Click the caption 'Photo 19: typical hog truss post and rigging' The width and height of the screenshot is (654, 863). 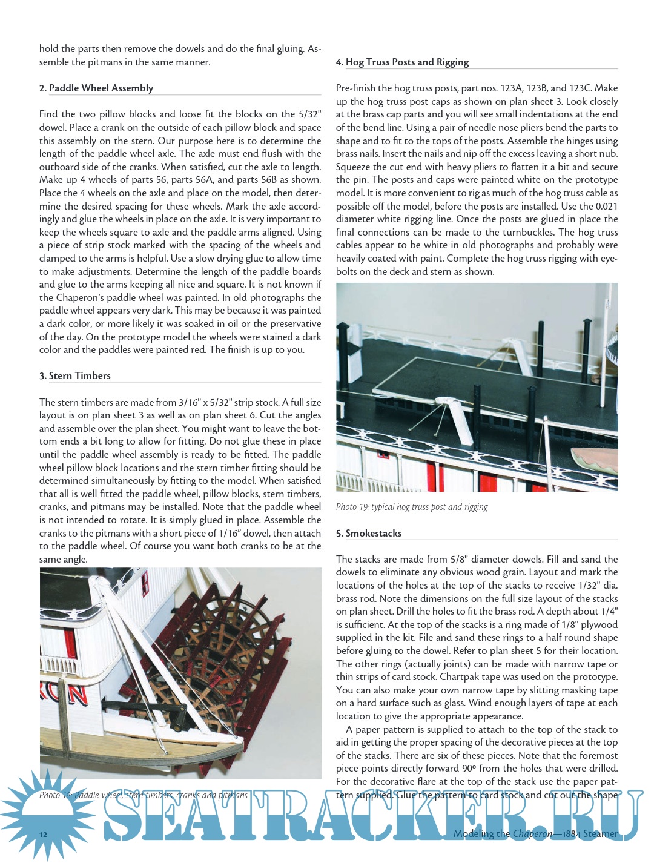click(x=412, y=508)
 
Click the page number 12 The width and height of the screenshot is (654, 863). click(x=43, y=835)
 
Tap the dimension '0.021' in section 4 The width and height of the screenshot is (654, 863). click(x=606, y=207)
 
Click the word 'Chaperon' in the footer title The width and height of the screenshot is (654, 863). click(x=532, y=834)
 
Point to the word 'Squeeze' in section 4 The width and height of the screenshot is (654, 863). click(x=353, y=167)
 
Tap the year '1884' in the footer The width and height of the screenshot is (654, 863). click(x=572, y=834)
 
